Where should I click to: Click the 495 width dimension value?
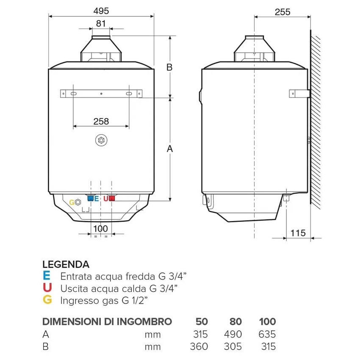(101, 10)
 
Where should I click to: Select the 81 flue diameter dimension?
(101, 24)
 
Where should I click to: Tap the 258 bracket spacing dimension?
(101, 121)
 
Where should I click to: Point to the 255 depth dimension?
(282, 12)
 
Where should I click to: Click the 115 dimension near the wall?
(299, 232)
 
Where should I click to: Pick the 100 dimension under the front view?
(101, 229)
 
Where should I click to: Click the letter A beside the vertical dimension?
(170, 149)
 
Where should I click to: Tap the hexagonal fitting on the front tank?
(101, 141)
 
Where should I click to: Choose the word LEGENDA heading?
(66, 265)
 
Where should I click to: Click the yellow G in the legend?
(47, 300)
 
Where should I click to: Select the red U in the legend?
(47, 288)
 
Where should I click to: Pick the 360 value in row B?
(199, 346)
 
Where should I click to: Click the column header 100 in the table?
(266, 321)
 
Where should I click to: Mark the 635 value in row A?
(266, 334)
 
